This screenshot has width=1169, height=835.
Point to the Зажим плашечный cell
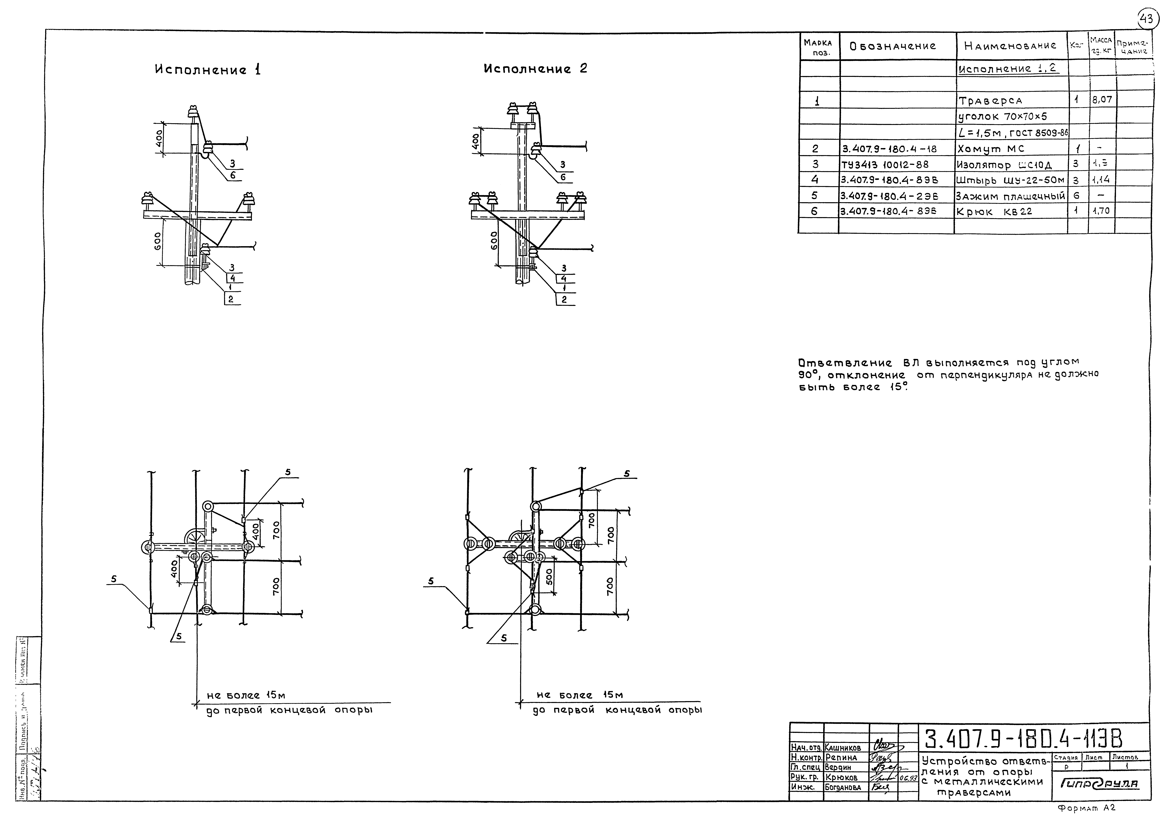click(1010, 196)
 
